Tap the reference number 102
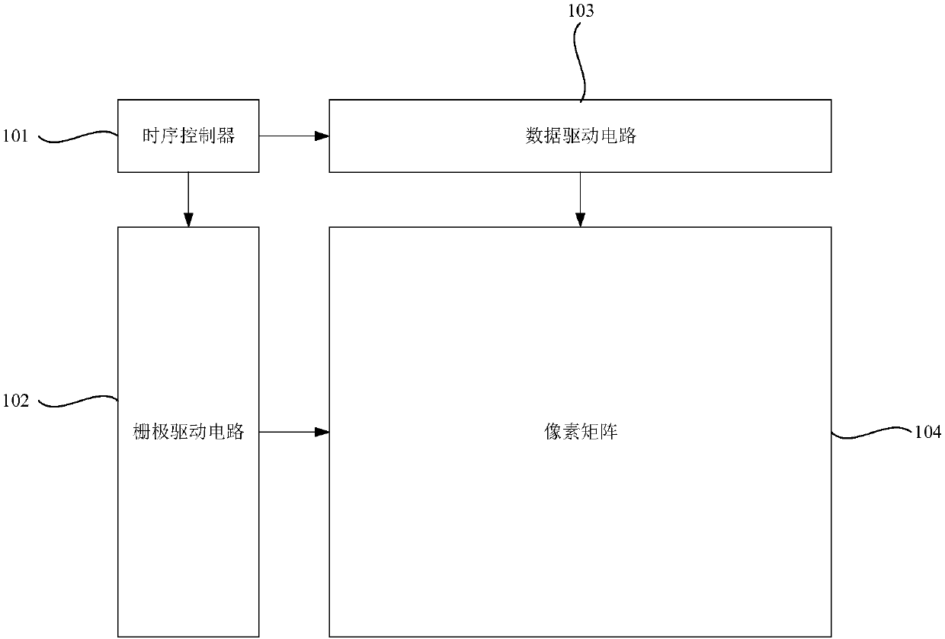[16, 401]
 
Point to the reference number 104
[927, 432]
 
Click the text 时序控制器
[188, 136]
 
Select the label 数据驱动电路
[580, 136]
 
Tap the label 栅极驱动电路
[188, 432]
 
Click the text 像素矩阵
[580, 432]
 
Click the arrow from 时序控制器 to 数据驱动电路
[294, 136]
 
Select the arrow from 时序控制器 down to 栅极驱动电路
[188, 200]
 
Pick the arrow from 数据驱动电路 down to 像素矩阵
[580, 200]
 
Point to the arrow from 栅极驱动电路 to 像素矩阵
[294, 432]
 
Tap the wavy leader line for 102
[76, 400]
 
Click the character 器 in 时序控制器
[226, 136]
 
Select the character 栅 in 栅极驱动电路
[142, 432]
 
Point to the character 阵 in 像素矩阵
[610, 432]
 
